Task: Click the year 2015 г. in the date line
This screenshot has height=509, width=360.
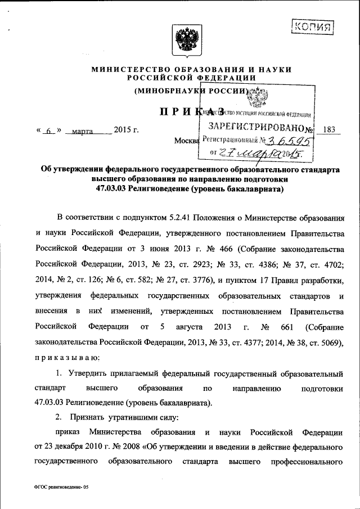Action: [x=126, y=130]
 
